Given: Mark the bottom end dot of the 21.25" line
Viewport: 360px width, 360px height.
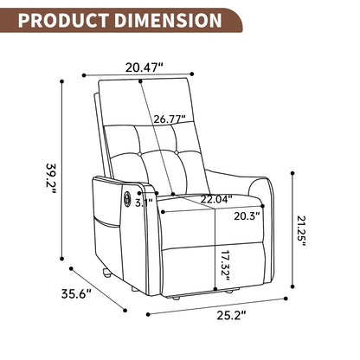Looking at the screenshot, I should coord(292,290).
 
